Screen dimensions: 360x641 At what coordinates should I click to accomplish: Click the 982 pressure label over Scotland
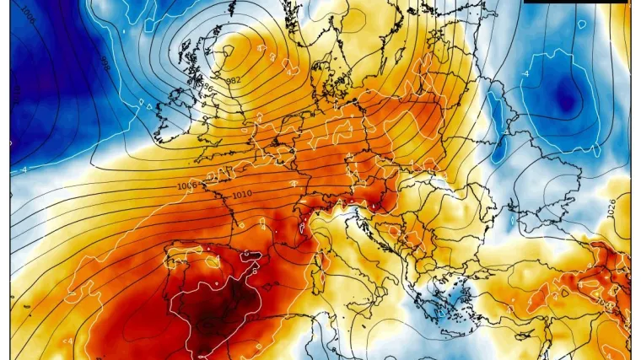[234, 80]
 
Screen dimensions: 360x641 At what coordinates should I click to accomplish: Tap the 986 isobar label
[203, 85]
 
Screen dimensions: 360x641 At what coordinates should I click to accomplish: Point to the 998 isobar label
[105, 63]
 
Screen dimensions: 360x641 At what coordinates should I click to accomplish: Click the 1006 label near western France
[187, 185]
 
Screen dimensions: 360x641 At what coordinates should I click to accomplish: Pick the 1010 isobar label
[242, 195]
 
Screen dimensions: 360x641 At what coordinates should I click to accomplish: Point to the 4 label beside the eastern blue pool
[525, 74]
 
